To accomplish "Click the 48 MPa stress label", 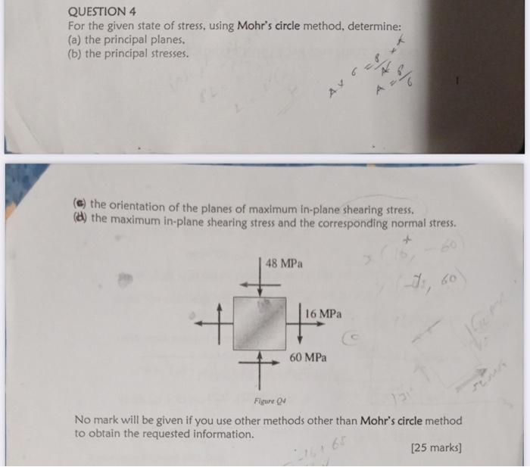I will click(284, 264).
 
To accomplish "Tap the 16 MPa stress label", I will click(324, 313).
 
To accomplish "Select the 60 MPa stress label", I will click(308, 357).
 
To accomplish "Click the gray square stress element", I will click(260, 323).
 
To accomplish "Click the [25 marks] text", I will click(435, 448).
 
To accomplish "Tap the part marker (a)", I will click(76, 39).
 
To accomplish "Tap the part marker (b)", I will click(76, 53).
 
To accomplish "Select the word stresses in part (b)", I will click(167, 53).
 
